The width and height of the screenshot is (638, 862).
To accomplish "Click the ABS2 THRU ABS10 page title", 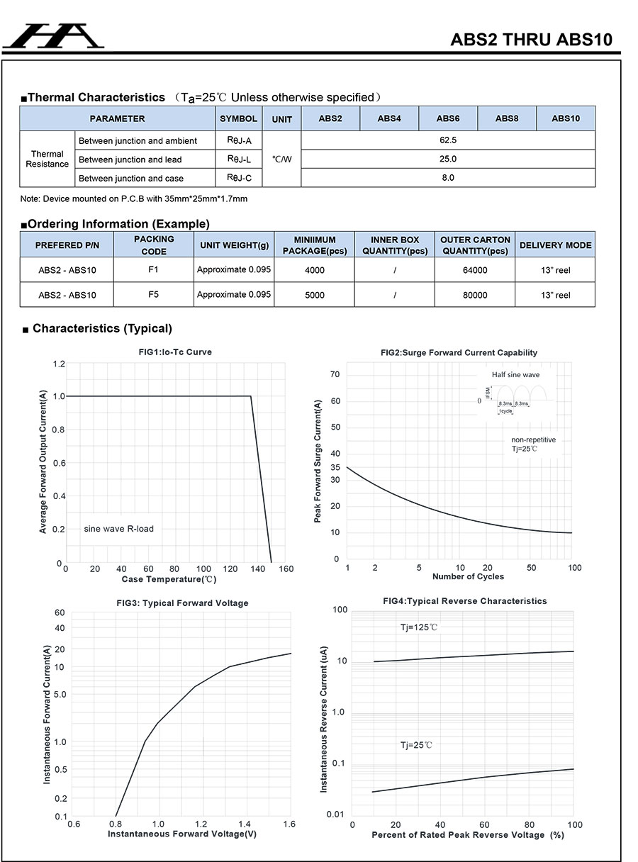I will (531, 40).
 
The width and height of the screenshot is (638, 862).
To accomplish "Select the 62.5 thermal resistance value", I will (448, 140).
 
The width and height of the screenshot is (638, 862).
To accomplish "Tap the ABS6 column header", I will (448, 118).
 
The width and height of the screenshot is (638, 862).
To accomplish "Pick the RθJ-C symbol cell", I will (239, 178).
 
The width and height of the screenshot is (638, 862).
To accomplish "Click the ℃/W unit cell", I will (281, 159).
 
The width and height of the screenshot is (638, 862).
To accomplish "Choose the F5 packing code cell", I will (154, 294).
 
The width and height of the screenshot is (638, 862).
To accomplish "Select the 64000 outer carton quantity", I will (475, 270).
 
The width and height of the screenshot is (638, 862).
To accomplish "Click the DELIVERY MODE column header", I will (555, 245).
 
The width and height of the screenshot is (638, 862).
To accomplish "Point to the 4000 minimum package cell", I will (315, 270).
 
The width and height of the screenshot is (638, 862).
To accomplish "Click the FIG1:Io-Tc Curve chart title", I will (175, 352).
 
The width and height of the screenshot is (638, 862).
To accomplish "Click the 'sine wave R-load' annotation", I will (118, 529).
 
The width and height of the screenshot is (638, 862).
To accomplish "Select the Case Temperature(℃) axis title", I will (169, 579).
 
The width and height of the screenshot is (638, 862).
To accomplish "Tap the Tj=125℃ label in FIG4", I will (419, 627).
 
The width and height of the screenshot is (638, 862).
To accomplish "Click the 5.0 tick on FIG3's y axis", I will (59, 694).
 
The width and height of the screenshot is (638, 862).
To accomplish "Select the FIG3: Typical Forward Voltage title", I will (182, 603).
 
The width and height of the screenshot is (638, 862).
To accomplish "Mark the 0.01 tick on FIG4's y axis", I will (335, 815).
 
